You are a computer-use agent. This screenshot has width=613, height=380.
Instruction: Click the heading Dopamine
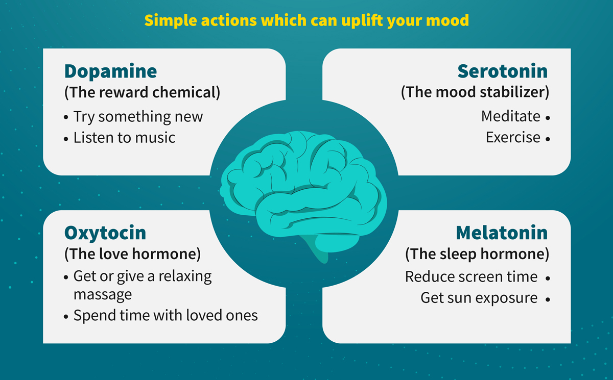pos(110,72)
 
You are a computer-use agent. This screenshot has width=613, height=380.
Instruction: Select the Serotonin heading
pos(503,71)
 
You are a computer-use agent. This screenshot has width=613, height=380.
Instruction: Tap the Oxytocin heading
pos(105,234)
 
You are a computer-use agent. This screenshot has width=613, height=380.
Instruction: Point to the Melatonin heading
pos(502,233)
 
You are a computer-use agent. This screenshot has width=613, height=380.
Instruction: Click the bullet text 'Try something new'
pos(138,117)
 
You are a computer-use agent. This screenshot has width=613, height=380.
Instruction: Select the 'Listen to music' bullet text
pos(124,137)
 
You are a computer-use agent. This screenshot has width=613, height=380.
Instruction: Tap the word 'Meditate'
pos(511,116)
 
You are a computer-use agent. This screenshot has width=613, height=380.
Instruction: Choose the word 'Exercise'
pos(513,137)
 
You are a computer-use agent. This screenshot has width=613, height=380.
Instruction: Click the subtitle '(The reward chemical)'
pos(142,93)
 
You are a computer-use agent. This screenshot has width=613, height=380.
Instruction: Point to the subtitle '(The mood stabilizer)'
pos(475,92)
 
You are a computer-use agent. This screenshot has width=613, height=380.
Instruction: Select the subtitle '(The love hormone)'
pos(132,255)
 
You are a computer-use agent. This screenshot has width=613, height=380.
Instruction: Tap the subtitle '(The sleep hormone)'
pos(477,255)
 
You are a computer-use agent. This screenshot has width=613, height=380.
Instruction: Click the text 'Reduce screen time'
pos(471,277)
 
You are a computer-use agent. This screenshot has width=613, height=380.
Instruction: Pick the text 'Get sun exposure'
pos(479,298)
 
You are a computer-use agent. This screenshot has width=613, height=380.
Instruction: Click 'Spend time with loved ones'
pos(166,316)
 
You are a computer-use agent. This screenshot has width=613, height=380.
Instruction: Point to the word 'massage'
pos(103,295)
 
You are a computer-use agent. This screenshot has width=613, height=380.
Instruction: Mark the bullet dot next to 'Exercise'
pos(548,139)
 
